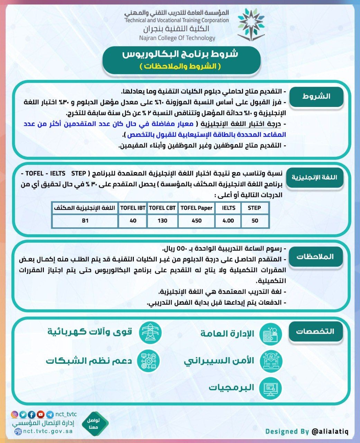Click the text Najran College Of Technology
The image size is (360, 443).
pos(177,38)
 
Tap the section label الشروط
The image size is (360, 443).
pos(316,97)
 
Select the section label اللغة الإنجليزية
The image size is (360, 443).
pos(314,178)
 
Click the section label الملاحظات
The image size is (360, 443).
pos(315,256)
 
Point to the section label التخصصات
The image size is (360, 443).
pos(315,331)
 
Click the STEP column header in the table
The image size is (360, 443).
pos(254,208)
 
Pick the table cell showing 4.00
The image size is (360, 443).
pos(228,221)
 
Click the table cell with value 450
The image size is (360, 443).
pos(196,221)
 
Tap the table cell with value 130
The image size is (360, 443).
pos(162,221)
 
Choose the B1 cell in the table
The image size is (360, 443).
pos(85,221)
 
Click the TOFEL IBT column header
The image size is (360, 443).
pos(133,208)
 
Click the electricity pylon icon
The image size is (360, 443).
pos(150,332)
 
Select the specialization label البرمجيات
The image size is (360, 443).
pos(231,387)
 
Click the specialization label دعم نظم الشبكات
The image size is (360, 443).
pos(89,361)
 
